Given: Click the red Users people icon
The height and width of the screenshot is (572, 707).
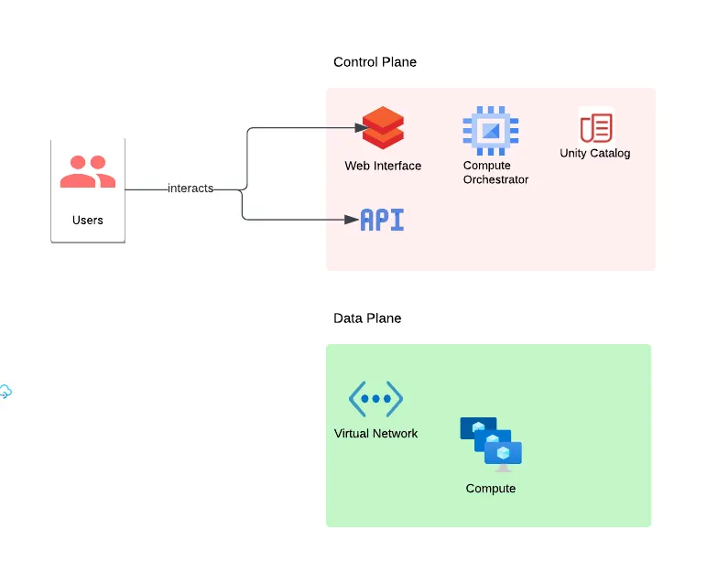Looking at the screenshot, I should coord(88,172).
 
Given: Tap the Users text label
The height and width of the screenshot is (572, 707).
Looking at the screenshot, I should coord(88,220).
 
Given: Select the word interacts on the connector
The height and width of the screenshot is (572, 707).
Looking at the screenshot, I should coord(190,189).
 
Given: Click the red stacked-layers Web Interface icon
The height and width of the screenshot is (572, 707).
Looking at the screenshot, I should coord(383,128).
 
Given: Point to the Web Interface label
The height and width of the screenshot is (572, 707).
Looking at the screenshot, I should coord(383,166).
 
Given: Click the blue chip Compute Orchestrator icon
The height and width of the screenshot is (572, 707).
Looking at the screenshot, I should coord(491,130).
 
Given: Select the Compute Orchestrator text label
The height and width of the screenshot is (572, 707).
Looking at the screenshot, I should coord(495,173).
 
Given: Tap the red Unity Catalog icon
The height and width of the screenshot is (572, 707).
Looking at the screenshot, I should coord(595,126).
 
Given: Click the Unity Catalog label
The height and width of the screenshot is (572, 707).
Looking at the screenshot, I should coord(595,153).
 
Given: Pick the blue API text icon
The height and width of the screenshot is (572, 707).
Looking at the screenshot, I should coord(382,220).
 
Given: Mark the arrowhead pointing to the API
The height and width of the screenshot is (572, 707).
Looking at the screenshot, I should coord(352,220).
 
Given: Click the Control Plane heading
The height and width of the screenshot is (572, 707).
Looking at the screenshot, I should coord(375,62).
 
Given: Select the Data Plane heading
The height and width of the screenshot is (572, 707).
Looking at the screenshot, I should coord(367,318).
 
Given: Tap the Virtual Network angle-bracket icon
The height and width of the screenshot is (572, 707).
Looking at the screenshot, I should coord(375,399).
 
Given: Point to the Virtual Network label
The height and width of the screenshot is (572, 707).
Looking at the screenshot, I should coord(375,433).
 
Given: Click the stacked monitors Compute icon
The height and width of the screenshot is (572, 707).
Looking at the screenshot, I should coord(491,444).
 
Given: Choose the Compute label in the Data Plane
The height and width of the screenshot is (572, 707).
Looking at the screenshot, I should coord(491,488).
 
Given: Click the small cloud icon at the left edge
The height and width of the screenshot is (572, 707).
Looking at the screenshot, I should coord(5,392).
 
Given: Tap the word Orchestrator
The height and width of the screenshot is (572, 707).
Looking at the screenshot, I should coord(495,180).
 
